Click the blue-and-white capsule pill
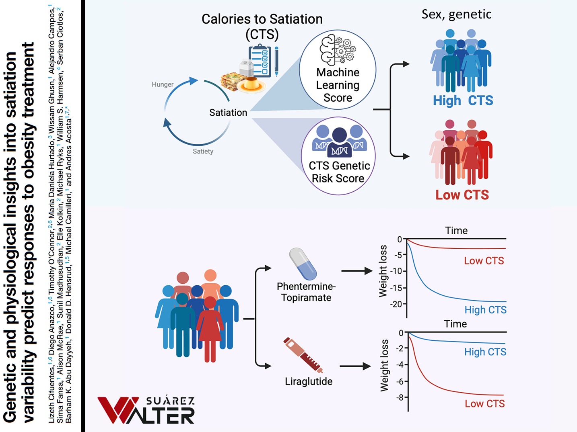tap(303, 264)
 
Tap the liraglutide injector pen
tap(303, 355)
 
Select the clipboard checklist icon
tap(260, 61)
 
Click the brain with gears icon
tap(338, 50)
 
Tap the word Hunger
tap(163, 84)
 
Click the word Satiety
tap(203, 152)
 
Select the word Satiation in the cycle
tap(228, 113)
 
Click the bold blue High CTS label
tap(463, 100)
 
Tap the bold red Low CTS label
tap(462, 195)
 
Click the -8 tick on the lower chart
tap(401, 397)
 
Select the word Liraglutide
tap(309, 381)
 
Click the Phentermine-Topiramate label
tap(306, 292)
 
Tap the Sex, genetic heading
tap(457, 14)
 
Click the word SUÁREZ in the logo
tap(170, 401)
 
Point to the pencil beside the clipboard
tap(276, 61)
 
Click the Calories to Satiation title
tap(262, 27)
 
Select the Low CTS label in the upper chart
tap(484, 261)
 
